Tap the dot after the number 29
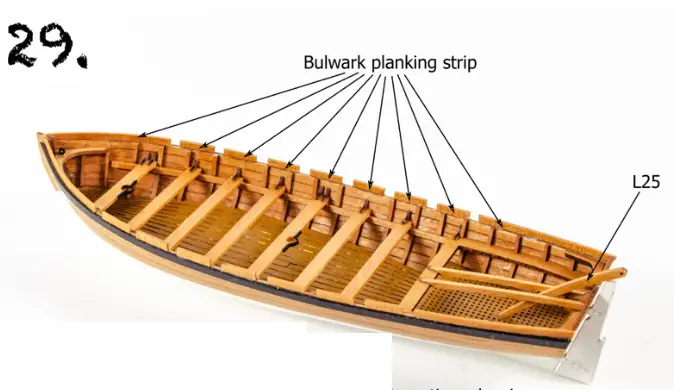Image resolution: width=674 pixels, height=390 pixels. point(80,60)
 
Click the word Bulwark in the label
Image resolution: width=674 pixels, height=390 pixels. point(335,63)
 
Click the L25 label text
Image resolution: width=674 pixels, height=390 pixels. point(647,182)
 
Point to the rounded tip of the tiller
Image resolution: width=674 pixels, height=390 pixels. point(621,271)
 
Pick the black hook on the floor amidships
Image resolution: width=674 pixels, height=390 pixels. point(291,240)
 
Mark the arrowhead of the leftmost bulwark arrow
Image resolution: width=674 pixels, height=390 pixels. point(140,135)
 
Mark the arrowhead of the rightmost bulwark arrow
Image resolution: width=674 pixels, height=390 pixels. point(500,223)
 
